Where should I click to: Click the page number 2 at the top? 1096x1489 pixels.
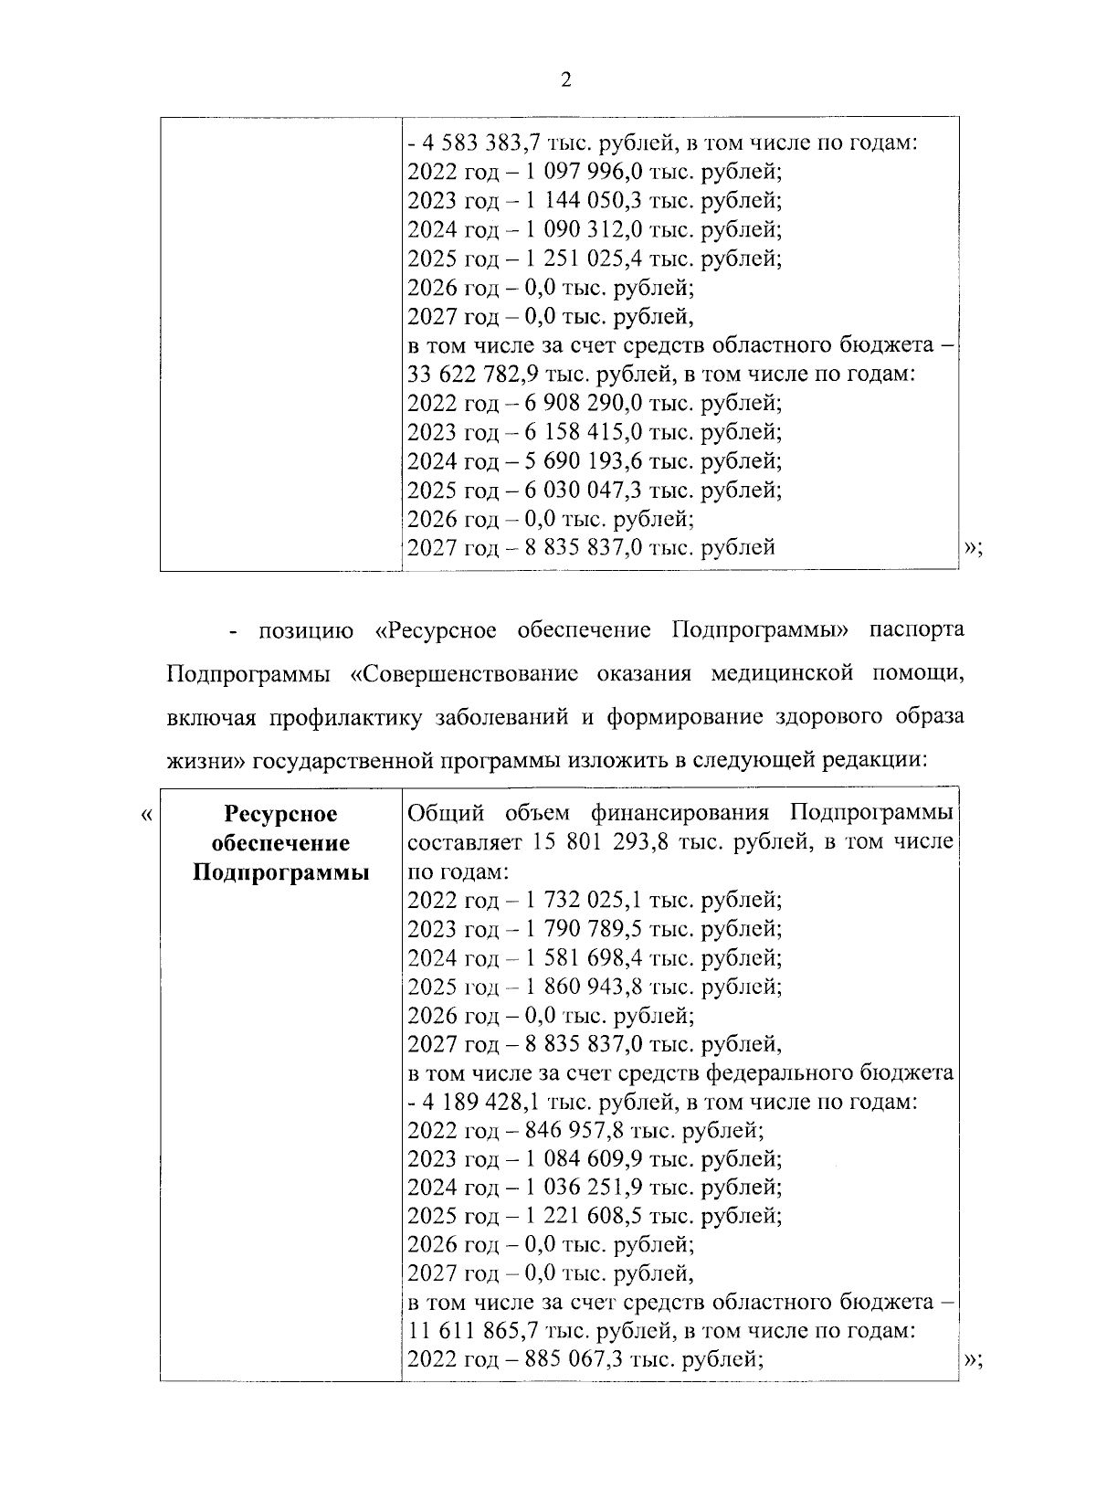point(565,80)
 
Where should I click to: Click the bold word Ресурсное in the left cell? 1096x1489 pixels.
point(280,814)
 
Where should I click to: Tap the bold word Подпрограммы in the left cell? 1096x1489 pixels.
point(280,872)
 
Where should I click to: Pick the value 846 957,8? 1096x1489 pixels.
point(572,1131)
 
